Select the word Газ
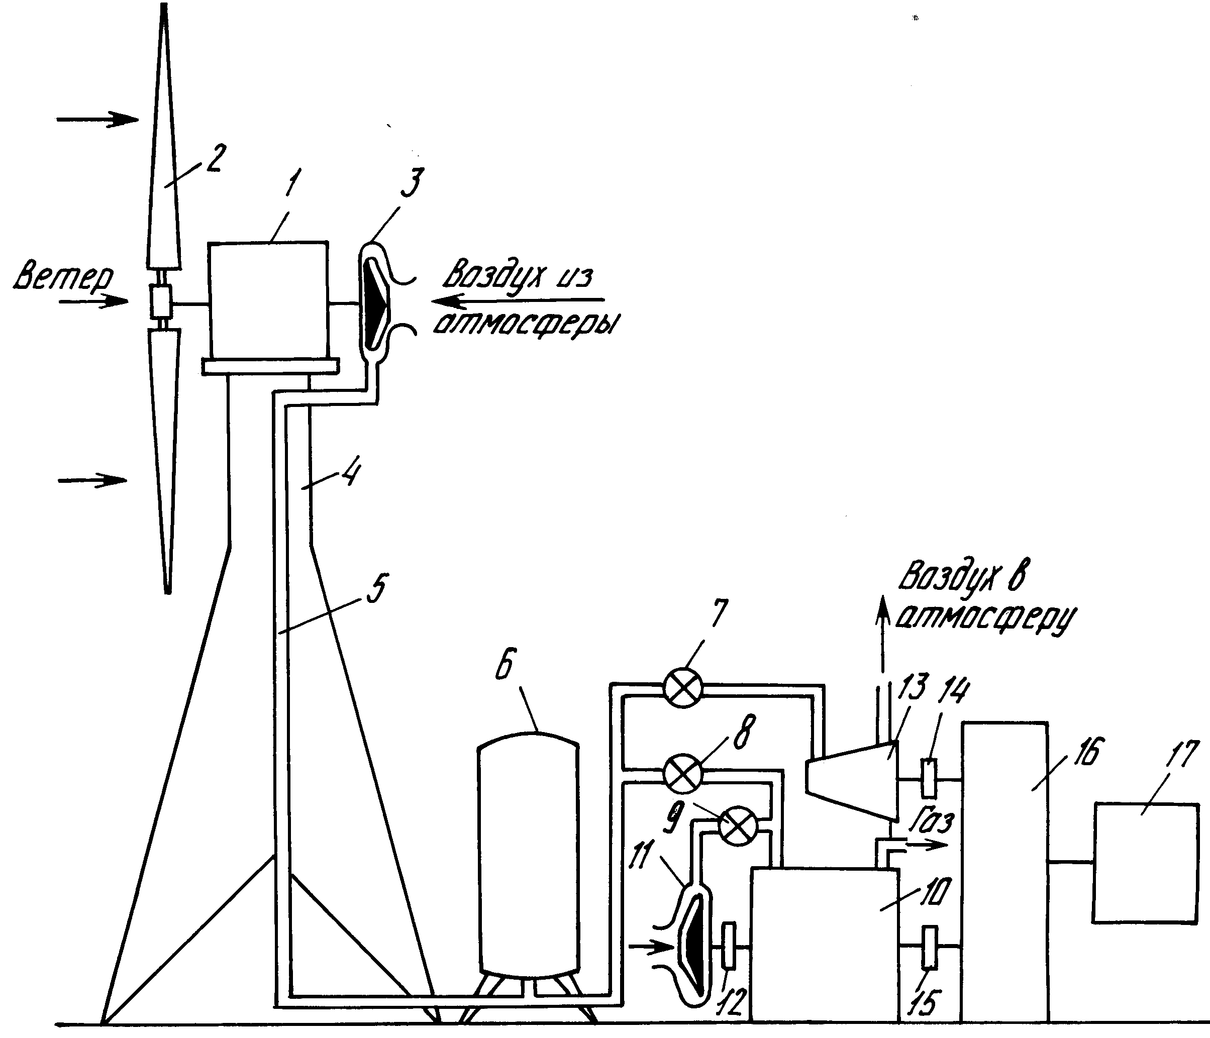tap(933, 821)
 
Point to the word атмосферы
tap(526, 325)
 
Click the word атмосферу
tap(986, 619)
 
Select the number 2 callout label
tap(213, 158)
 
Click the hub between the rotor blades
tap(160, 302)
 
